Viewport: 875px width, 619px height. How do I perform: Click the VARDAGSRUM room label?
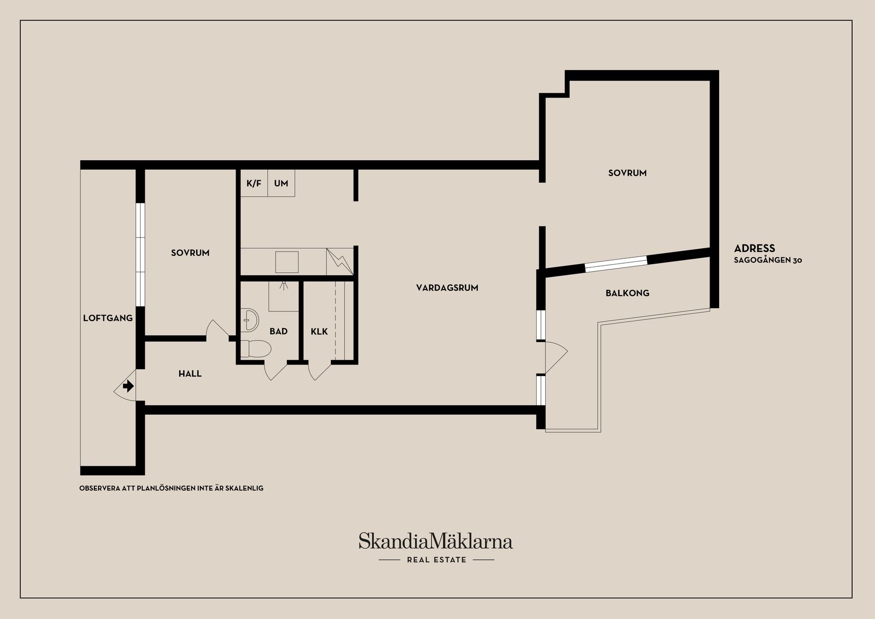[447, 288]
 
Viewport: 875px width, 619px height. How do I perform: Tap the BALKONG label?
[627, 293]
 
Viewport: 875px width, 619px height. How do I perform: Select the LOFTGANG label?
[108, 318]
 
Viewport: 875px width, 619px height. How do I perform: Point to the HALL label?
[190, 373]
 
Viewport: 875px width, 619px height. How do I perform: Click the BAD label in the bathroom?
[278, 332]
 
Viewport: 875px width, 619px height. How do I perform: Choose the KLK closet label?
[319, 332]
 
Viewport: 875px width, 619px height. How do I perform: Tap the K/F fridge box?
[254, 184]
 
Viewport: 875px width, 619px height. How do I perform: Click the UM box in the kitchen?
[281, 184]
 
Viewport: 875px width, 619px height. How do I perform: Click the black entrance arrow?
[128, 387]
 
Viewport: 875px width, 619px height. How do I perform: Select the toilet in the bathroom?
[256, 348]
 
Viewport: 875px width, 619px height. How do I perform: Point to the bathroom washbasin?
[249, 320]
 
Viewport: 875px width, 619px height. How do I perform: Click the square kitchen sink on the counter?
[287, 262]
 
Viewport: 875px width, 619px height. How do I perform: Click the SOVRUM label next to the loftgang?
[190, 253]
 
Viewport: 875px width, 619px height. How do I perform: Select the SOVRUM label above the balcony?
[627, 173]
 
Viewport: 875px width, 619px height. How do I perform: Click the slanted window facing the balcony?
[616, 264]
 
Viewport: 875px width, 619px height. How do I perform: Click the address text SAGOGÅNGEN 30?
[768, 260]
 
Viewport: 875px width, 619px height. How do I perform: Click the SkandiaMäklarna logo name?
[435, 541]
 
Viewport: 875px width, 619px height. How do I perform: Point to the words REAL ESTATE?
[437, 560]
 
